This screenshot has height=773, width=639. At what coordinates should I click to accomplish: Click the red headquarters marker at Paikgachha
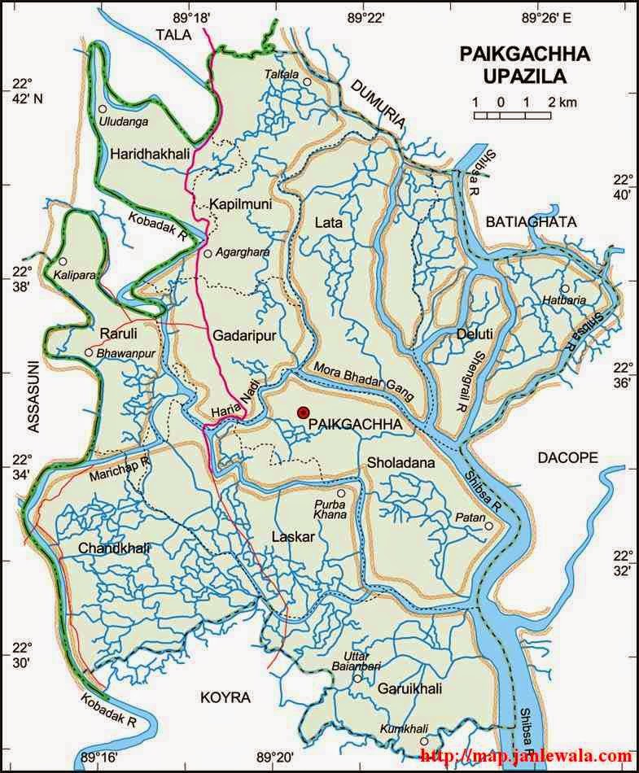pos(304,413)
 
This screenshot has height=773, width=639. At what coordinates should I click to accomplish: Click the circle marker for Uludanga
pos(103,109)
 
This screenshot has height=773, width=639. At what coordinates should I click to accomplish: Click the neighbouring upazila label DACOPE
pos(567,458)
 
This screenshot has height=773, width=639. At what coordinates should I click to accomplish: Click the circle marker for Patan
pos(488,526)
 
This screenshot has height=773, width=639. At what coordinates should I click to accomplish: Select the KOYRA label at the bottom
pos(225,697)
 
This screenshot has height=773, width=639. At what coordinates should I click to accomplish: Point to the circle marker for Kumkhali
pos(423,741)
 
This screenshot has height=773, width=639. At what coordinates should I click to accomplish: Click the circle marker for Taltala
pos(308,82)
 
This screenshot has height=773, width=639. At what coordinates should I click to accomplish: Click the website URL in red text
pos(526,757)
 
